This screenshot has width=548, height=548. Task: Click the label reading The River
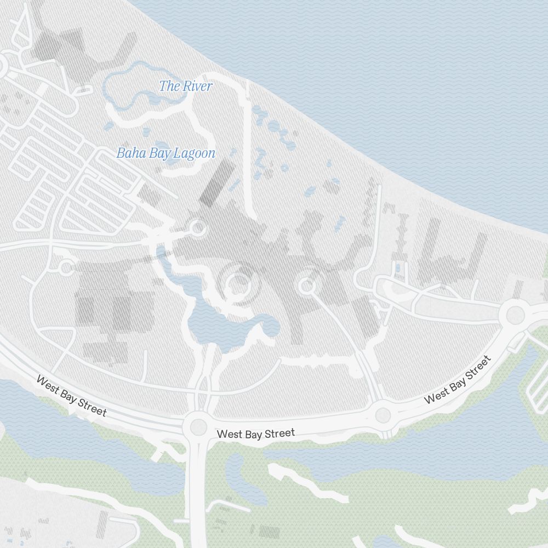185,86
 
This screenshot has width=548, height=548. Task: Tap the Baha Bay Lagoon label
165,153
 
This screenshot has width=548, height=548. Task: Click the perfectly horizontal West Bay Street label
256,433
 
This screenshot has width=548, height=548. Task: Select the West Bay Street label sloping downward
71,396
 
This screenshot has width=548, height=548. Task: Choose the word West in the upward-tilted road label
436,396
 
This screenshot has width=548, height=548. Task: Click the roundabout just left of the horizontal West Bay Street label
197,426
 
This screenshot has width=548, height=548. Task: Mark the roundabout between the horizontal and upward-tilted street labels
383,415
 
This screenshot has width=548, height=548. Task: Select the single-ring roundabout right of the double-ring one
306,286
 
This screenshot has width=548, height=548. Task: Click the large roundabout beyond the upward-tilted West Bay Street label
515,315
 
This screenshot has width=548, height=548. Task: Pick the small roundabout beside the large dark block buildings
66,267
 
